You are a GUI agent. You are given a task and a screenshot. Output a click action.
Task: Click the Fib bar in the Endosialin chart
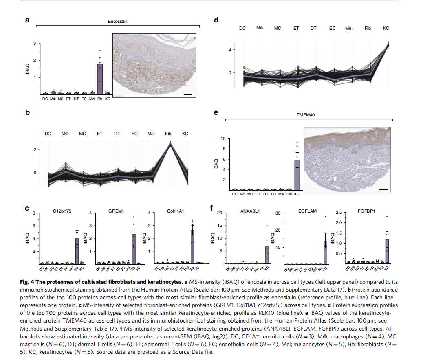click(x=100, y=79)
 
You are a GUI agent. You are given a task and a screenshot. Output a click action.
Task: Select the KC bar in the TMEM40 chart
click(x=297, y=175)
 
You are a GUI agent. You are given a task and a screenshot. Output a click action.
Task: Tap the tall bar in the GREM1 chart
click(x=133, y=249)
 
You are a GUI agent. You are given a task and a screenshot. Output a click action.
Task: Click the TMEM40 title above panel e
click(x=305, y=115)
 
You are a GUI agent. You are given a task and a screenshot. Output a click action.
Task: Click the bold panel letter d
click(x=216, y=20)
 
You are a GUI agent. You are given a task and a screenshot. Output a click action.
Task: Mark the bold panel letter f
click(x=212, y=209)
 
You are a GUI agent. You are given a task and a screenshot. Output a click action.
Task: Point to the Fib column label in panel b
click(x=168, y=134)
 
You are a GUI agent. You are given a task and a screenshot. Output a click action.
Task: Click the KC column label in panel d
click(x=386, y=28)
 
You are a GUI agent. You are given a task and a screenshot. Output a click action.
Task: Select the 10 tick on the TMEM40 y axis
click(x=223, y=139)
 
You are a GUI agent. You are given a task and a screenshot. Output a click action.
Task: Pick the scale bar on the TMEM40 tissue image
click(x=383, y=189)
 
